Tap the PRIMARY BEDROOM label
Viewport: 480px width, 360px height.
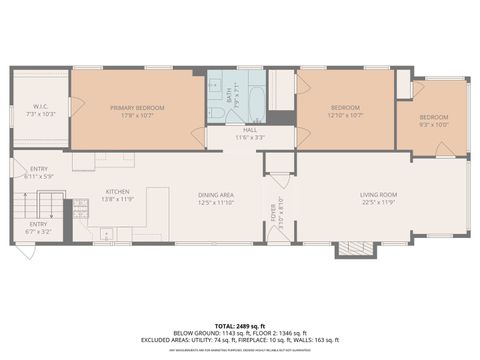(x=138, y=107)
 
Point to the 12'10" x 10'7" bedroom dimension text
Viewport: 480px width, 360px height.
(x=345, y=115)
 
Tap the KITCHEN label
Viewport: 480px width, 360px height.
(x=119, y=192)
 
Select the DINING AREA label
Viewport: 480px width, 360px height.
(x=216, y=194)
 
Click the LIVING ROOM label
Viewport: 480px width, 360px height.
(x=379, y=194)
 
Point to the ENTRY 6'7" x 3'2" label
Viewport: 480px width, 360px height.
(x=37, y=227)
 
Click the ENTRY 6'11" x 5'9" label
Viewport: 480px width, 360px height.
(x=39, y=172)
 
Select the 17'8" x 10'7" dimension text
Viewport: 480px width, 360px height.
(x=138, y=115)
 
